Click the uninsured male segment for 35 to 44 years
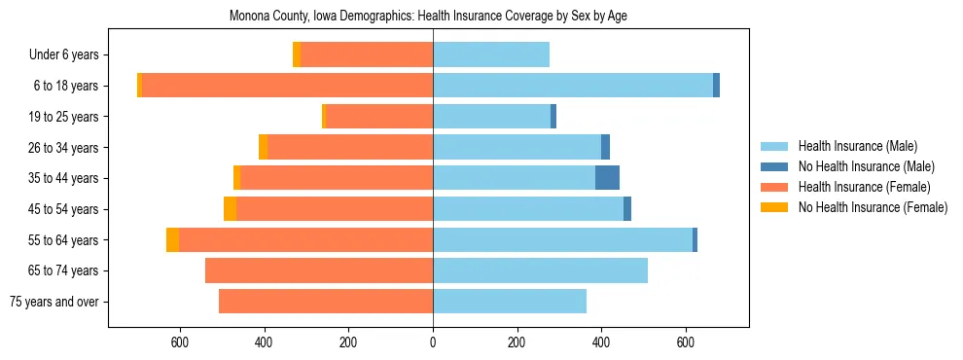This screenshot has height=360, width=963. [607, 178]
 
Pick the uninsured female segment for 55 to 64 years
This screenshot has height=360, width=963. [172, 239]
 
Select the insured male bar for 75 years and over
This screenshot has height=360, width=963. [510, 302]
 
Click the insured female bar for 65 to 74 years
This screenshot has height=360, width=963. [319, 270]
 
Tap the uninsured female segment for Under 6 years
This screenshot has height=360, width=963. [297, 54]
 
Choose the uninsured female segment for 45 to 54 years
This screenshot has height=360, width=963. [230, 208]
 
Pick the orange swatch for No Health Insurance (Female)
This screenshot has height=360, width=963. [775, 207]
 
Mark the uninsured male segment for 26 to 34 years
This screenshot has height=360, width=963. [605, 147]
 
